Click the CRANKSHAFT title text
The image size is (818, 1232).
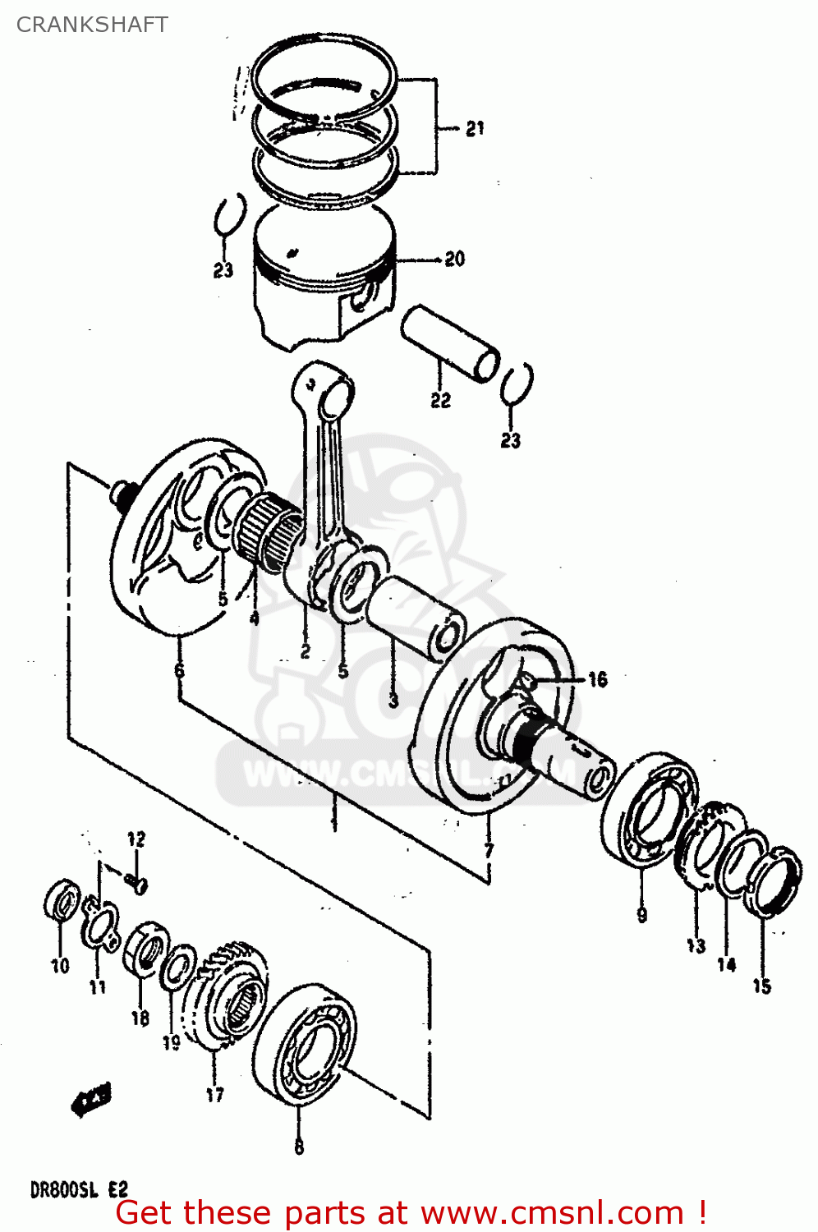click(x=92, y=25)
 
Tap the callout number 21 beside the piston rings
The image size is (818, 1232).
click(x=475, y=129)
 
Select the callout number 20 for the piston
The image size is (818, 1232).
click(x=454, y=260)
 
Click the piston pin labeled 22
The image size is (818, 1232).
click(x=450, y=342)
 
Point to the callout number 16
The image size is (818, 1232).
click(x=597, y=679)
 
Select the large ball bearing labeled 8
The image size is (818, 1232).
click(x=305, y=1042)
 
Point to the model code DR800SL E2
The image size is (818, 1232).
click(x=79, y=1189)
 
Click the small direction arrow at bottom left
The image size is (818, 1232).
click(x=92, y=1099)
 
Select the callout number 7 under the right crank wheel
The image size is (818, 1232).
click(x=489, y=850)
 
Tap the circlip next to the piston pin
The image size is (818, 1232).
click(x=516, y=384)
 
